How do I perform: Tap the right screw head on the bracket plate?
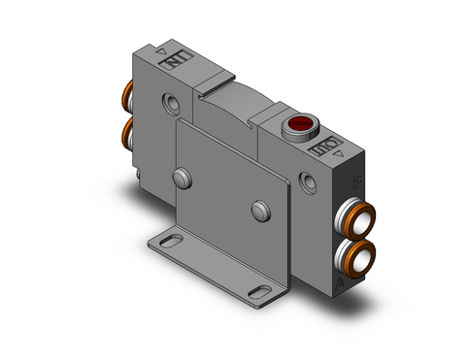(x=257, y=211)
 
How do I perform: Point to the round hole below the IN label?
(x=170, y=103)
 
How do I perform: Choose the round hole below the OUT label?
(x=309, y=180)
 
